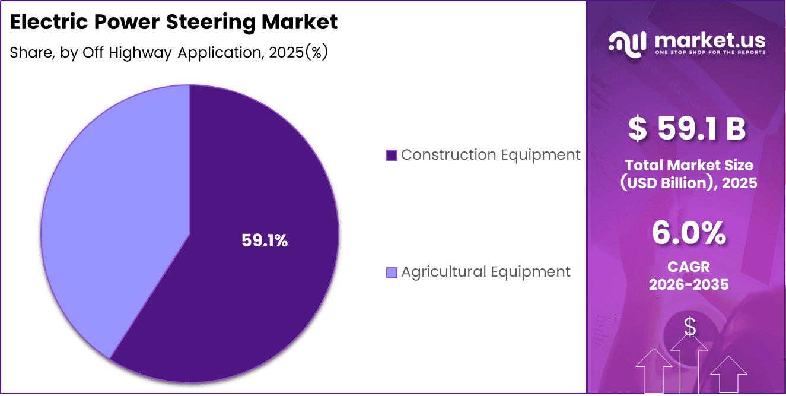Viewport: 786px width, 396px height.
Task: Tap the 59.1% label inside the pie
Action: [x=265, y=240]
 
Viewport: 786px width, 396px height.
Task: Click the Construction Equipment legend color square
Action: [x=392, y=155]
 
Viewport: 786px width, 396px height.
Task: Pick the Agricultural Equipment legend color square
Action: [x=392, y=273]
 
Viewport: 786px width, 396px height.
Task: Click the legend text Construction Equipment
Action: [x=491, y=155]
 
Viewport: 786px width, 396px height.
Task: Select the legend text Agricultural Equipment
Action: [x=486, y=272]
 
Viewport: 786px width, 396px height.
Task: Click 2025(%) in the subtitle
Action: [x=298, y=52]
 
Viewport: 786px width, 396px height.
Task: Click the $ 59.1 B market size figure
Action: [x=688, y=129]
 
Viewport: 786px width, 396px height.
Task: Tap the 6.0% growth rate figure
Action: [x=689, y=233]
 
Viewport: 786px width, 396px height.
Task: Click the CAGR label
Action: [x=689, y=267]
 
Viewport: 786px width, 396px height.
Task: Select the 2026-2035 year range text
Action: [x=689, y=284]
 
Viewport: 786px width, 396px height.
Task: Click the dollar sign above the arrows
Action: [x=690, y=327]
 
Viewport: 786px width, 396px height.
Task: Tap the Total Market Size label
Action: [x=689, y=165]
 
